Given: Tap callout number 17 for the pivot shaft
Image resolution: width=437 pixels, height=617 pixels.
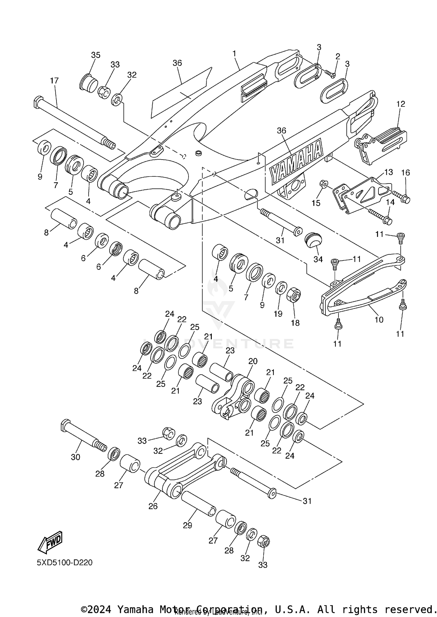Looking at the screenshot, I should (x=54, y=81).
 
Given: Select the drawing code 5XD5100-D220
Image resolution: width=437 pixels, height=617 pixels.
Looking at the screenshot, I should (x=65, y=562).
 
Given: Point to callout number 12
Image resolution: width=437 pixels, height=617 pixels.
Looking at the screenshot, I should (x=401, y=104).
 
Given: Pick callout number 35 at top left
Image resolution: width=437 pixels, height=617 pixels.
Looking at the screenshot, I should (x=96, y=55).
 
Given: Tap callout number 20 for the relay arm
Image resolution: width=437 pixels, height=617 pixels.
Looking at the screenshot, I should (x=253, y=361).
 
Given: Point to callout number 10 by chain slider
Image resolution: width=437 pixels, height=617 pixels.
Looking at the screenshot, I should (x=379, y=320).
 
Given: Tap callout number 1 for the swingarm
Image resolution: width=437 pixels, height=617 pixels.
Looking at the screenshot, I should (x=234, y=54).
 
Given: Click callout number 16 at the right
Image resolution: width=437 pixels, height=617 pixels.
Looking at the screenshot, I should (x=406, y=173).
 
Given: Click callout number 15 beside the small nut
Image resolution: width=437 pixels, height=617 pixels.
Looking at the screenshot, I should (x=316, y=203).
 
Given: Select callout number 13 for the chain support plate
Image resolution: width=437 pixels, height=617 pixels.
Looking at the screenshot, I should (x=389, y=172).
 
